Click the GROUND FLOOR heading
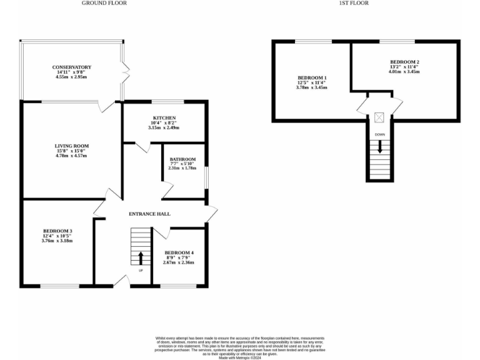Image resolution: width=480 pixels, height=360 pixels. [x=104, y=3]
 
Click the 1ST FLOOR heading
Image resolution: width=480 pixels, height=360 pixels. [x=354, y=3]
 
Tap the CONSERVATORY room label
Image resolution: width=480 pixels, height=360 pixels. [x=72, y=67]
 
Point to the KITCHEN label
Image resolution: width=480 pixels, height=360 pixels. [x=164, y=117]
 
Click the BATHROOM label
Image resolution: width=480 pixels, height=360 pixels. [x=183, y=159]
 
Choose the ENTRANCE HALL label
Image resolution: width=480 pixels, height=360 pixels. [x=149, y=214]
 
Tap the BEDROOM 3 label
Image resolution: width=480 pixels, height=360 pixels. [x=57, y=230]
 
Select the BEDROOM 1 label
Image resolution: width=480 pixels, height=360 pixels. [x=312, y=77]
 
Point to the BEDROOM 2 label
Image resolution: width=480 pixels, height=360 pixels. [x=404, y=62]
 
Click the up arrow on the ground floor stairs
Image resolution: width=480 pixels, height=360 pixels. [x=141, y=257]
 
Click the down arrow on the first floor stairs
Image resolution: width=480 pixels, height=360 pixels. [x=379, y=148]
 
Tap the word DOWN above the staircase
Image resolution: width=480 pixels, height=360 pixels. [x=380, y=134]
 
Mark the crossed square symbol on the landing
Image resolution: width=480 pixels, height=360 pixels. [x=379, y=117]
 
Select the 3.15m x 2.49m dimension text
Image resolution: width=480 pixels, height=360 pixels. [x=164, y=127]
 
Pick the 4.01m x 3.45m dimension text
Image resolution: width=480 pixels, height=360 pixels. [x=404, y=72]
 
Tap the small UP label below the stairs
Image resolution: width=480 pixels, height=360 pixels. [x=141, y=271]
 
